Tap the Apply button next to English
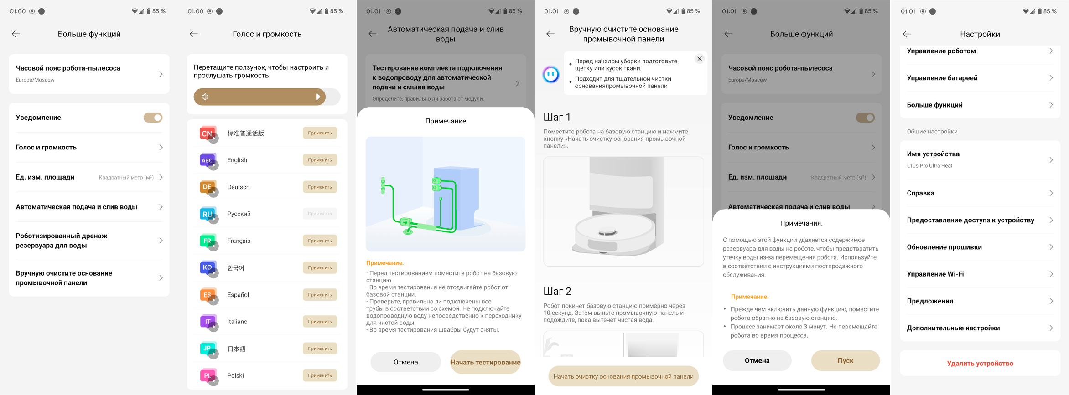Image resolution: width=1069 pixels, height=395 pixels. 320,160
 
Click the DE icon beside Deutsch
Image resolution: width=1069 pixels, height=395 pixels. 208,187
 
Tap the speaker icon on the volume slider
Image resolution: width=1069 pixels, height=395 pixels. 205,97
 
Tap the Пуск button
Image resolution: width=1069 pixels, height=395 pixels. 845,360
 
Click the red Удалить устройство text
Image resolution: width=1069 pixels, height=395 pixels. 980,363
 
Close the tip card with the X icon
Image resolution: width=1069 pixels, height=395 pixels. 700,59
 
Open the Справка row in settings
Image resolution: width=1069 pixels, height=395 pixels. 980,193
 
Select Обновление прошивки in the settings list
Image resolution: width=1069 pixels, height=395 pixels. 980,247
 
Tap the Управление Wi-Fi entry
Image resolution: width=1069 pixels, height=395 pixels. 980,274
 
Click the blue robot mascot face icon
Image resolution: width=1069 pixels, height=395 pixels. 551,74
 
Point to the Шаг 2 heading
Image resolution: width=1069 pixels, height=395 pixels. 557,291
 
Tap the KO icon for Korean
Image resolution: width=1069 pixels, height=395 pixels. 208,268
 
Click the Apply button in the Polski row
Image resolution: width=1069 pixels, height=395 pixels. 320,375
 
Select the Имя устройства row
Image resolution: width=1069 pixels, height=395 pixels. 980,159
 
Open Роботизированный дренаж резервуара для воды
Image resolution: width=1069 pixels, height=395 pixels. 89,241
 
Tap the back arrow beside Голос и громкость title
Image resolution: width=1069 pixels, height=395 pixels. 194,34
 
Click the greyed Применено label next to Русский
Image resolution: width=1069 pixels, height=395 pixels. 320,214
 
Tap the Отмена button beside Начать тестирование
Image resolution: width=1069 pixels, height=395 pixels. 405,362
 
